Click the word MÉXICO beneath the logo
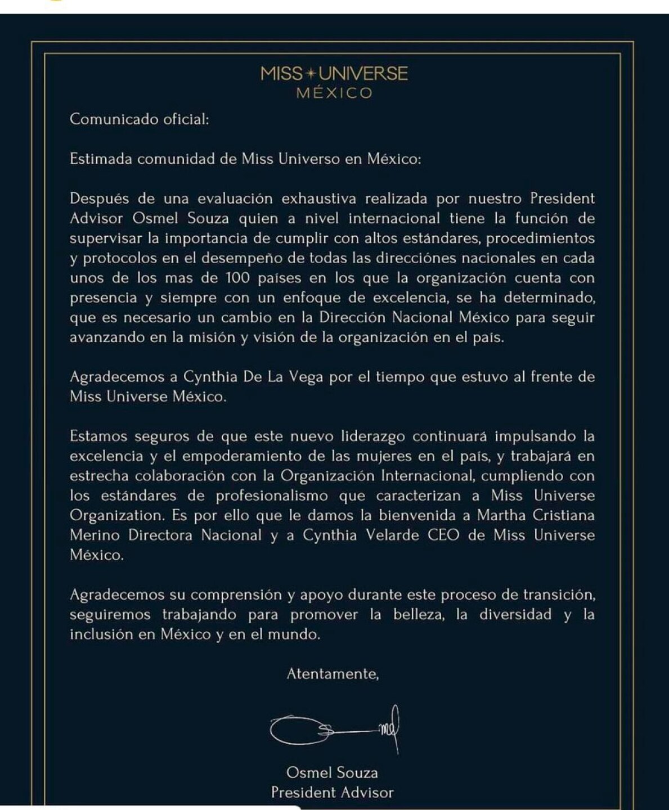pos(334,93)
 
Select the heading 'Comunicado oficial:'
pos(139,119)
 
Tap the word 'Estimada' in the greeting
pos(101,159)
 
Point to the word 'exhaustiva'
pos(318,199)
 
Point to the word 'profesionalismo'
pos(272,496)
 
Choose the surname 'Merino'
pos(95,535)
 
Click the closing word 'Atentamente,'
pos(333,674)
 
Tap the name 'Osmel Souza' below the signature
pos(332,773)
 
